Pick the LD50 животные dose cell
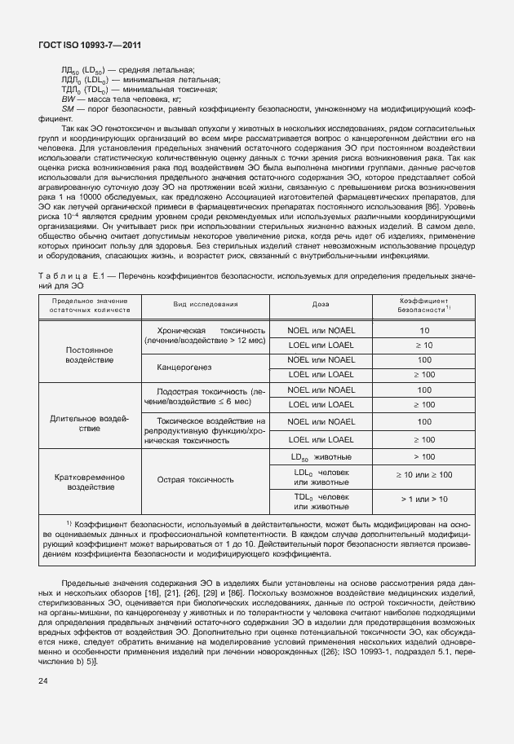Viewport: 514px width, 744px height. pos(321,456)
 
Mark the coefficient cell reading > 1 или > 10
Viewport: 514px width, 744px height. pos(423,499)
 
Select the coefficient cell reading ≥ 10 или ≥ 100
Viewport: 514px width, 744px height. pos(423,474)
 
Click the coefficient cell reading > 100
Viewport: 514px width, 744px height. pos(423,456)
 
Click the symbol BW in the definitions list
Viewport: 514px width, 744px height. pos(69,98)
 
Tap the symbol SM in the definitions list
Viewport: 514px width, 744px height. pos(68,107)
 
